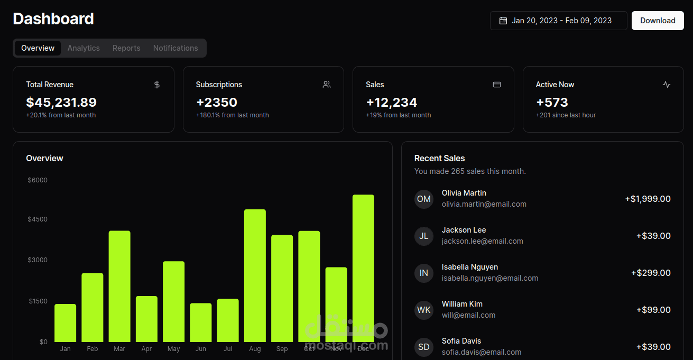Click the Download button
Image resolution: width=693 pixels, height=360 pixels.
click(x=658, y=21)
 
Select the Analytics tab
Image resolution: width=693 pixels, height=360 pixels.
click(x=84, y=48)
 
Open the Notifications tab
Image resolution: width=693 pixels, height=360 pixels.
click(x=175, y=48)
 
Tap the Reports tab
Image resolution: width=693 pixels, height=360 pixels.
click(x=126, y=48)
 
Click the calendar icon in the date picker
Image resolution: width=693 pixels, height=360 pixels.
click(x=503, y=21)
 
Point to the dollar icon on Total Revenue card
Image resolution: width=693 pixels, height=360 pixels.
click(x=157, y=85)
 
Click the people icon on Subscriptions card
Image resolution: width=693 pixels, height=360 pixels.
click(x=327, y=85)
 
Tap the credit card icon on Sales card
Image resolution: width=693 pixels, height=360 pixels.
click(x=497, y=85)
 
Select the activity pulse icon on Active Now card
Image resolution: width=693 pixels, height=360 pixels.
click(x=667, y=85)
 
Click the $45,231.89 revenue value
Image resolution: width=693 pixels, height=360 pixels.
click(x=61, y=103)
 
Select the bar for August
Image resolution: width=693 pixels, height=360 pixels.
click(x=255, y=275)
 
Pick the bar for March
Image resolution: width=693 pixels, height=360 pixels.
click(x=119, y=287)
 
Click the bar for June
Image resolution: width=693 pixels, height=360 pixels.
click(x=201, y=322)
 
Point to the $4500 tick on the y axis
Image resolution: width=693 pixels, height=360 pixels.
click(x=38, y=219)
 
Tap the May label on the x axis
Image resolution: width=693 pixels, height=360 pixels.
click(x=173, y=349)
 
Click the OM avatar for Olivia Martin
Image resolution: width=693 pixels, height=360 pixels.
click(x=424, y=199)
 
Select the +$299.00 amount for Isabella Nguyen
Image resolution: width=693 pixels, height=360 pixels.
click(x=651, y=273)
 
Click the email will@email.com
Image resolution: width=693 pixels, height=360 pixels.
click(x=468, y=315)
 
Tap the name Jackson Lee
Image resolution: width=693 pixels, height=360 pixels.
click(x=464, y=230)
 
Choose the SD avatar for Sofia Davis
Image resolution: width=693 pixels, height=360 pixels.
click(x=424, y=347)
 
